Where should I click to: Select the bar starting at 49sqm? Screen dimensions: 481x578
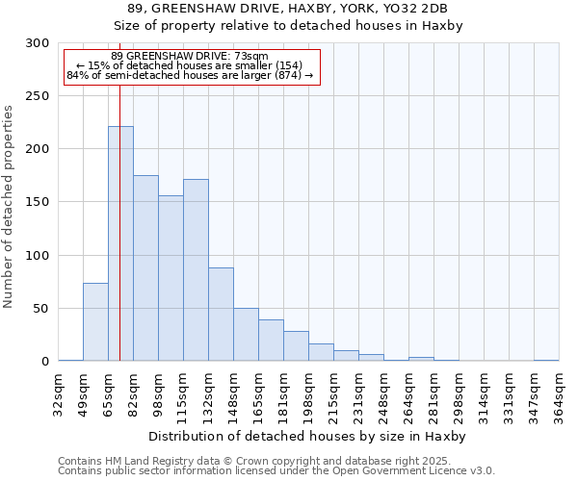click(x=95, y=322)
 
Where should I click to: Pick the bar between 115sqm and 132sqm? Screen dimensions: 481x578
click(x=196, y=270)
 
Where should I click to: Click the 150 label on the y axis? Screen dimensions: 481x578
click(x=38, y=202)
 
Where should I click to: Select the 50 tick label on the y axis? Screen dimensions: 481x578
click(x=41, y=309)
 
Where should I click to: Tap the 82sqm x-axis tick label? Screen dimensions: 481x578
click(x=133, y=392)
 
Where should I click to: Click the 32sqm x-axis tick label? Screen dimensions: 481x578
click(x=58, y=392)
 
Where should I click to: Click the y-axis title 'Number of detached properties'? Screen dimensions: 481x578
click(x=10, y=207)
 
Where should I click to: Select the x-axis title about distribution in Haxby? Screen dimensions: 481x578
click(x=308, y=436)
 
